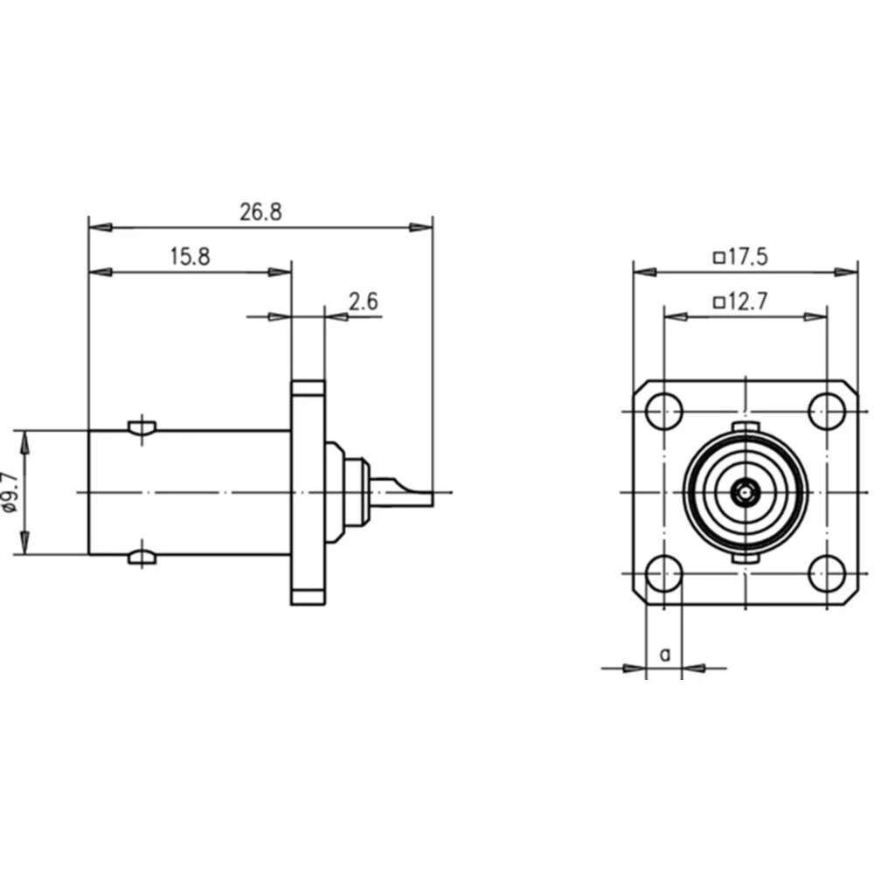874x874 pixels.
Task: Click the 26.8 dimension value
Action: [260, 212]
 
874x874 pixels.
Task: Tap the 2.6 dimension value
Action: [363, 302]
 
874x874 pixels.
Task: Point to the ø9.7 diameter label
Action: [10, 491]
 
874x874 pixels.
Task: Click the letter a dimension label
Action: [665, 653]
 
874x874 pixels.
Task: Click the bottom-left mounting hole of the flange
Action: [665, 573]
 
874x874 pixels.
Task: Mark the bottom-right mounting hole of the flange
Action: [825, 573]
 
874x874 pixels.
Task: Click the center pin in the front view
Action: [745, 493]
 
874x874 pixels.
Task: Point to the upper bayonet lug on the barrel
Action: [142, 427]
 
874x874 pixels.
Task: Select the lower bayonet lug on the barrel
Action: [142, 557]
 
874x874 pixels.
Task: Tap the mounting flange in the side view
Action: [308, 491]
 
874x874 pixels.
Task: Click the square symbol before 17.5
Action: [718, 258]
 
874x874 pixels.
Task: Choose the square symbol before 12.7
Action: [718, 303]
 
